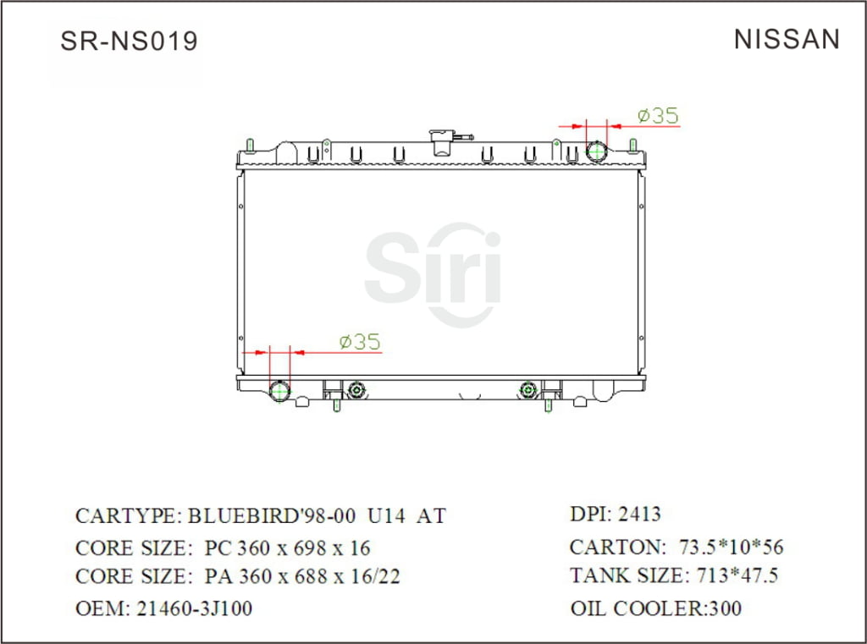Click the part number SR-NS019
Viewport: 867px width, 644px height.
[129, 41]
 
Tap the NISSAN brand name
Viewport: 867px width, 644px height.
[787, 39]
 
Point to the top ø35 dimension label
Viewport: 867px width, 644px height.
[658, 115]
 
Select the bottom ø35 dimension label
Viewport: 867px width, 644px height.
[359, 342]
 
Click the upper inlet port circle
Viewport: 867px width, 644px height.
[598, 152]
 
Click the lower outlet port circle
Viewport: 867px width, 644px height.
[279, 392]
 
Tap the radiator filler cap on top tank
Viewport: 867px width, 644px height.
[442, 141]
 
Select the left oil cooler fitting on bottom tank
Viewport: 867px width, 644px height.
[356, 390]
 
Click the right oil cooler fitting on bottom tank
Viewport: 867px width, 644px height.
[528, 390]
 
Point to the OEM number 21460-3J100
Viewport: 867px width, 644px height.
[194, 608]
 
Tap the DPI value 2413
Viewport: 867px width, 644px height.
[640, 514]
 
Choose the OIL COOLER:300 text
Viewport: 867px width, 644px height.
[656, 608]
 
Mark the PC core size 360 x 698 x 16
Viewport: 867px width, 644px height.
[288, 548]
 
